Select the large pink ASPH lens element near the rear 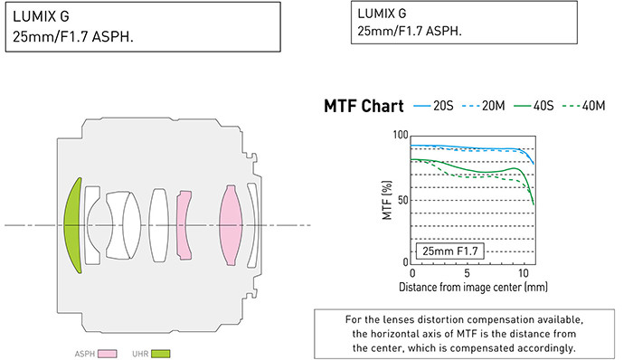coord(231,225)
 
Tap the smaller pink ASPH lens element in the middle coord(184,225)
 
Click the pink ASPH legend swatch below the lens coord(108,354)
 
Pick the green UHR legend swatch coord(161,354)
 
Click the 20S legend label coord(443,106)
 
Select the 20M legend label coord(494,106)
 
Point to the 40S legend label coord(543,106)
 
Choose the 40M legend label coord(593,106)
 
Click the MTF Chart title coord(364,106)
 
